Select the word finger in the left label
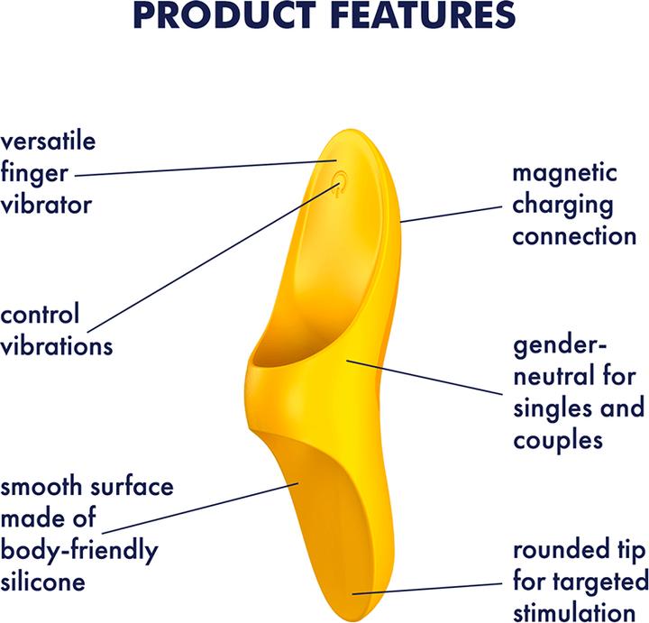pos(32,172)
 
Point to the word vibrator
pos(46,204)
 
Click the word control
pos(41,315)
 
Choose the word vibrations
pos(57,345)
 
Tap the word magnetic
pos(565,172)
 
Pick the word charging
pos(562,204)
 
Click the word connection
pos(575,235)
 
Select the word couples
pos(556,439)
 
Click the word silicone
pos(42,582)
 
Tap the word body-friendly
pos(79,550)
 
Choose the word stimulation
pos(580,610)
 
